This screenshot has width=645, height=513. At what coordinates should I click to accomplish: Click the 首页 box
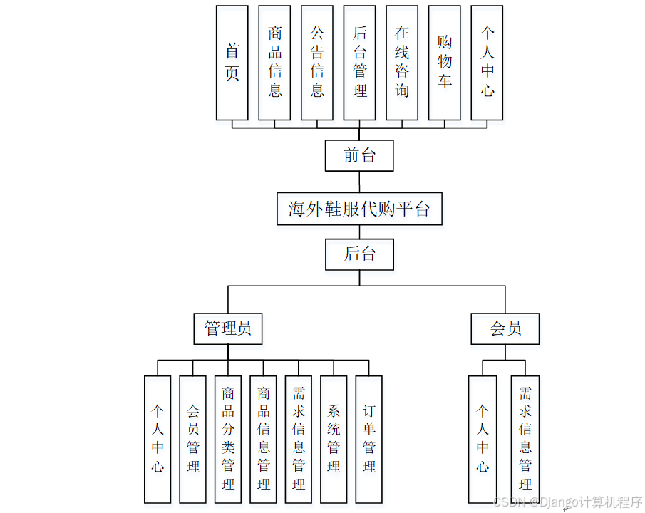(x=232, y=63)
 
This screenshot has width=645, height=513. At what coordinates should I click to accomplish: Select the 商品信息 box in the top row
(x=274, y=63)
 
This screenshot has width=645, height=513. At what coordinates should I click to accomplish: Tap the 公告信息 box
(x=317, y=63)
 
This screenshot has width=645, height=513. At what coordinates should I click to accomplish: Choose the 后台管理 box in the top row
(x=360, y=63)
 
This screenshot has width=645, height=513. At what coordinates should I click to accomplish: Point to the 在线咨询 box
(x=402, y=63)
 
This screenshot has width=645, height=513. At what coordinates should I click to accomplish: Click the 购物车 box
(x=445, y=63)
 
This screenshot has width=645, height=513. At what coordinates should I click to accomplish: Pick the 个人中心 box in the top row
(x=487, y=63)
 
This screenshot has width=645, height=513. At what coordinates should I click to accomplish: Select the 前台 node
(x=359, y=155)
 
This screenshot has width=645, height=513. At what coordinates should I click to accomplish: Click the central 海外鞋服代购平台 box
(x=359, y=209)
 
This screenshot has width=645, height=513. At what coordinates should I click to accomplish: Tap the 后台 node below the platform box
(x=359, y=254)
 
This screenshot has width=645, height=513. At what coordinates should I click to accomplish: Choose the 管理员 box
(x=228, y=328)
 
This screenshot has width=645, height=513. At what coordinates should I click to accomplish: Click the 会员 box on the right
(x=505, y=328)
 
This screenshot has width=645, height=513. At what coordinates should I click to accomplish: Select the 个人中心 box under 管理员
(x=158, y=439)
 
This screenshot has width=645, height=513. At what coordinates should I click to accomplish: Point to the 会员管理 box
(x=193, y=439)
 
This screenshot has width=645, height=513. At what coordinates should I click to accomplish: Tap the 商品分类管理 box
(x=228, y=439)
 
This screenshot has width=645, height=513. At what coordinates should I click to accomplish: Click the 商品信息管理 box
(x=264, y=439)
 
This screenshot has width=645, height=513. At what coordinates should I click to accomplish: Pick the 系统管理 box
(x=334, y=439)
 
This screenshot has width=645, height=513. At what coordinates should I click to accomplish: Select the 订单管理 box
(x=369, y=439)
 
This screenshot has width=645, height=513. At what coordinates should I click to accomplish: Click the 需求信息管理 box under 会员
(x=525, y=439)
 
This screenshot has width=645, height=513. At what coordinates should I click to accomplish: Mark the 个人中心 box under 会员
(x=483, y=439)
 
